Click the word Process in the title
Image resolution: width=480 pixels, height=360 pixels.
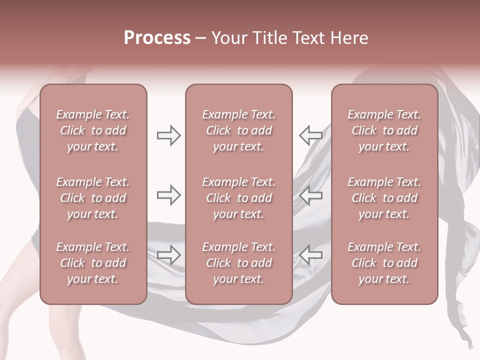point(157,38)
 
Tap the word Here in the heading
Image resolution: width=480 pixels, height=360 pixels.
point(349,38)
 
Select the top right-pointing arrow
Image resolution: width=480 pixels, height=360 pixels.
point(168,135)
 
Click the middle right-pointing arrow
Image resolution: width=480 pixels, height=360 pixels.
point(168,195)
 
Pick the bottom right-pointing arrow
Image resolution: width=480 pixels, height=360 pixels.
point(168,255)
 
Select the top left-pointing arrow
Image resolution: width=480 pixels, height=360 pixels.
point(311,135)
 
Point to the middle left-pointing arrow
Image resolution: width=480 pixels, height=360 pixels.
point(311,195)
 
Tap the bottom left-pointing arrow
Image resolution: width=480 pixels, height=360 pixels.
point(311,255)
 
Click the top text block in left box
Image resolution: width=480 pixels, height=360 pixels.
point(93,130)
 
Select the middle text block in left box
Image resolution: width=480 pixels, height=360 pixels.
point(93,198)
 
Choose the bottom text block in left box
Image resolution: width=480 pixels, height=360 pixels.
point(93,263)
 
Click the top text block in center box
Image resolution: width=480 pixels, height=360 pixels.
point(238,130)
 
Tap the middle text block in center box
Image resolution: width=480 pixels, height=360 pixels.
point(238,198)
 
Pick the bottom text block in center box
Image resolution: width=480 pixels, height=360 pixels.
point(238,263)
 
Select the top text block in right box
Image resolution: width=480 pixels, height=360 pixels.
point(384,130)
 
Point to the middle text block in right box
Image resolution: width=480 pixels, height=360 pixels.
point(384,198)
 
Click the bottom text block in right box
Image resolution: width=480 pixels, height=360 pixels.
point(384,263)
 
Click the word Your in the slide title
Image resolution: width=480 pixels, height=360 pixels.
point(229,38)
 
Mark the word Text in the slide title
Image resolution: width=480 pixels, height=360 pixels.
point(310,38)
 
